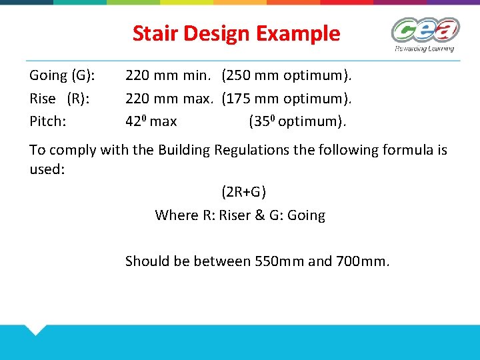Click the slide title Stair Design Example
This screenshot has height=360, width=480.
(x=236, y=33)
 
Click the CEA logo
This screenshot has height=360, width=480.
(x=425, y=33)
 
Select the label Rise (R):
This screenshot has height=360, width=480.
(x=60, y=99)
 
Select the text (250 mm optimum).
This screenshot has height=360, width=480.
(x=287, y=76)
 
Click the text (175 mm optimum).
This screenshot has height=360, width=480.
(x=287, y=99)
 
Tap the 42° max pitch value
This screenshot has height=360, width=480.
(x=151, y=121)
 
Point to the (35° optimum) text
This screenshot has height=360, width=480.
(x=298, y=121)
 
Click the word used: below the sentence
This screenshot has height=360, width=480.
(x=47, y=169)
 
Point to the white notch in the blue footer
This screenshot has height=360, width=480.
(x=34, y=329)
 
